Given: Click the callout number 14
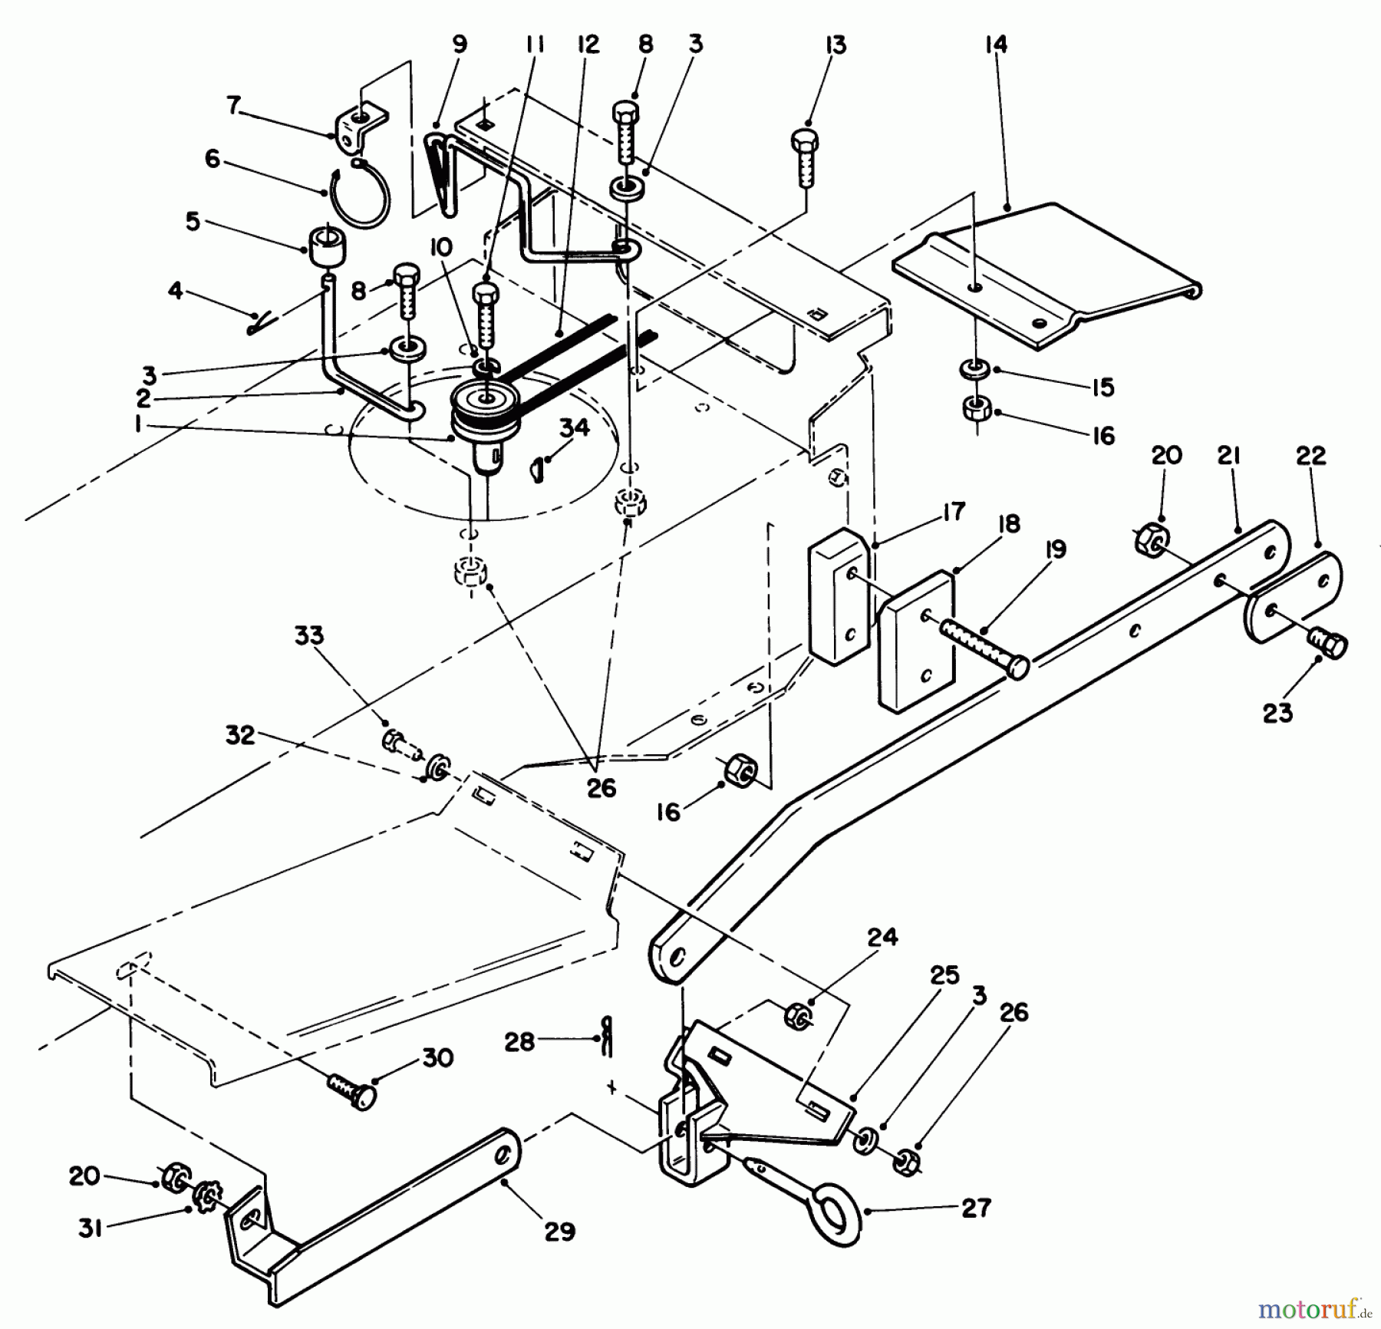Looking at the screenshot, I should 995,45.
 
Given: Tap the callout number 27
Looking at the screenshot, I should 976,1209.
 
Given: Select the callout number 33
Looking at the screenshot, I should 309,636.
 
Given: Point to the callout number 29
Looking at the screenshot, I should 559,1232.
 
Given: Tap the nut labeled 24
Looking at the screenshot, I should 798,1017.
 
